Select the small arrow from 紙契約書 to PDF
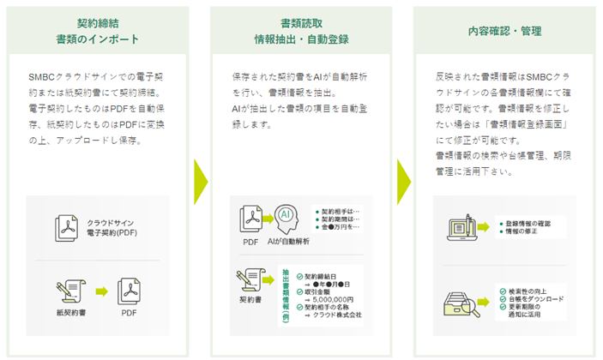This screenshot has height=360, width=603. [x=101, y=292]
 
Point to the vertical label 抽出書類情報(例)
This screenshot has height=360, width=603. [x=284, y=295]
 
